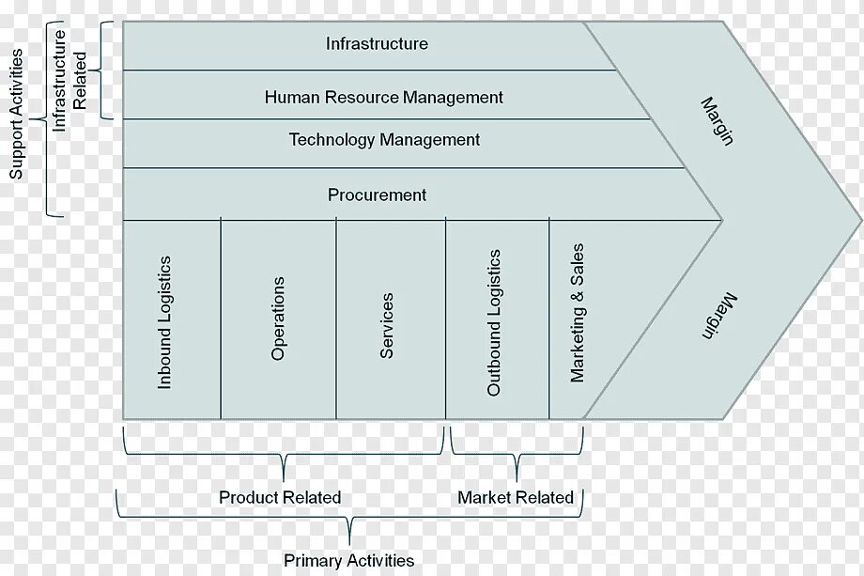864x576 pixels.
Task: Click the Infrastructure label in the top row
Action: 377,43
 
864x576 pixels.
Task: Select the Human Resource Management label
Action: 383,97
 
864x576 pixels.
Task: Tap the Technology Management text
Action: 384,140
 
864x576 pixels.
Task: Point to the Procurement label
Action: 377,195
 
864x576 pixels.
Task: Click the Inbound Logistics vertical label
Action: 164,322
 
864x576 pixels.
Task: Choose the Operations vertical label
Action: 278,319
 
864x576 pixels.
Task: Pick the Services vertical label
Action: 386,325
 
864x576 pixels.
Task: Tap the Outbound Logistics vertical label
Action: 494,322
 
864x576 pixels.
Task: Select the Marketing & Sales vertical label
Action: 578,313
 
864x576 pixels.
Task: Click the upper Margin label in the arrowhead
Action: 717,120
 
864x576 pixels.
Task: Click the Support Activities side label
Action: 16,114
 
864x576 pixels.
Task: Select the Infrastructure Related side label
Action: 70,70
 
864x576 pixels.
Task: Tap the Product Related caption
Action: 280,497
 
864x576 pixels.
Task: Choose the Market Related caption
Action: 516,497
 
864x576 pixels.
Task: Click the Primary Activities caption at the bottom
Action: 348,561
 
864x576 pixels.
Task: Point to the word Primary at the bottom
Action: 312,561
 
